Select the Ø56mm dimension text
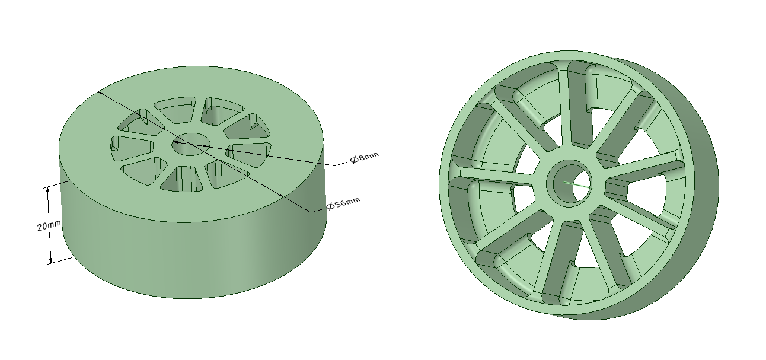[x=343, y=203]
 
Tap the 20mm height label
[x=49, y=225]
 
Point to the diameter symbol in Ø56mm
[x=330, y=206]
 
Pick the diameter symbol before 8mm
[x=355, y=160]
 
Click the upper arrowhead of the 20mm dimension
[x=48, y=190]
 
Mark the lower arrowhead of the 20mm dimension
[x=51, y=260]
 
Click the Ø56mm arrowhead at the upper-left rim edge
[x=101, y=93]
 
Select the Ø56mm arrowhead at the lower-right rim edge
[x=281, y=195]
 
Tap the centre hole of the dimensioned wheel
[x=190, y=144]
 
